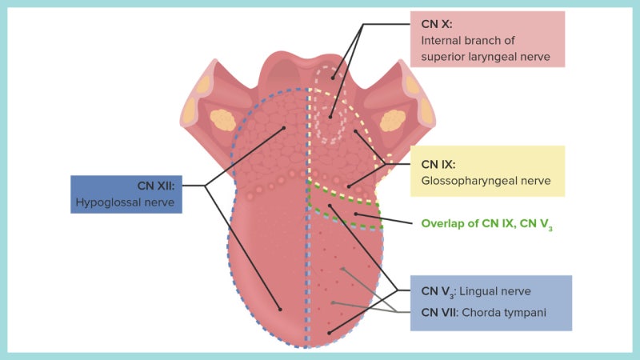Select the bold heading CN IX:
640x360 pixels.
coord(440,166)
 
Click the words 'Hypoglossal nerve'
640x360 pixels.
coord(126,202)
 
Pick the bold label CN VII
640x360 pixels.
coord(442,312)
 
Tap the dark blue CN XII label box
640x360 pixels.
coord(126,194)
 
